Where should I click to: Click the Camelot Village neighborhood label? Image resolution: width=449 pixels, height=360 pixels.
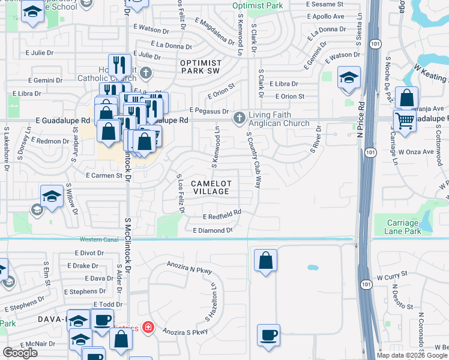coord(210,187)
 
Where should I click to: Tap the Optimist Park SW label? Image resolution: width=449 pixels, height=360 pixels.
coord(200,67)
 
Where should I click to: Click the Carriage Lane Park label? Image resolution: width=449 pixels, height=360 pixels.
coord(403,227)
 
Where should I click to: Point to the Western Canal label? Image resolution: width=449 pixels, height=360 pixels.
coord(96,239)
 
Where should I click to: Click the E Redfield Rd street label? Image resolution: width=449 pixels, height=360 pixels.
coord(221,214)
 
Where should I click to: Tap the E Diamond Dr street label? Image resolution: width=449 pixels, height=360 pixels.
coord(212,230)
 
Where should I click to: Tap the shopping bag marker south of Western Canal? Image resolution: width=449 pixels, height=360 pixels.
coord(265,260)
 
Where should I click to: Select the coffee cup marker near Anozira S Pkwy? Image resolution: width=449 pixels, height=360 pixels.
coord(268,335)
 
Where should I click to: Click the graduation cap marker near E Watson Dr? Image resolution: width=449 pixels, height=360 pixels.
coord(349,78)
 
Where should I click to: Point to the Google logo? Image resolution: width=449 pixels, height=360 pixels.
coord(20,352)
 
